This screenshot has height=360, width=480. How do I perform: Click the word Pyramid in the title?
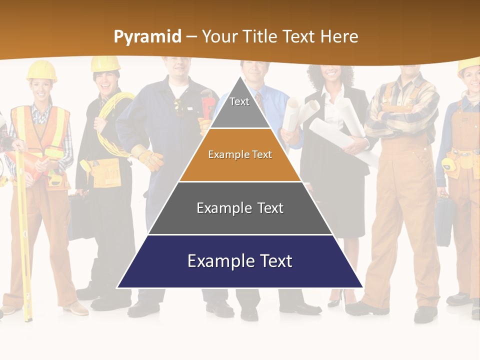click(147, 36)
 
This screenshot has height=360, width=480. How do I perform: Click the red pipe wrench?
click(207, 102)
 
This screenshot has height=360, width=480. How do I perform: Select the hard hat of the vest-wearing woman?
click(41, 70)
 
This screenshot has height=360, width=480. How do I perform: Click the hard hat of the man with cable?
click(105, 63)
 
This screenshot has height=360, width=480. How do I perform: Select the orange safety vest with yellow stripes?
click(40, 135)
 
